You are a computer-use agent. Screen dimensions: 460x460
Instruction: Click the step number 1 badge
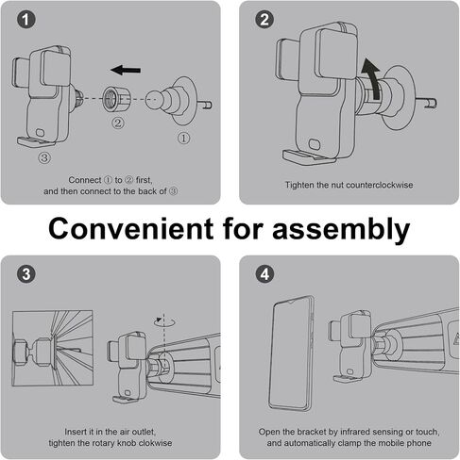(26, 20)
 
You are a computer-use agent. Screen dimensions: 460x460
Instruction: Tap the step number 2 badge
(264, 20)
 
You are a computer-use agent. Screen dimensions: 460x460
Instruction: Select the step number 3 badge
(26, 274)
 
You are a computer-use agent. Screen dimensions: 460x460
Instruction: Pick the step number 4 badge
(264, 274)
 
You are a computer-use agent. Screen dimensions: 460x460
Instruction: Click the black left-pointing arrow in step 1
(126, 70)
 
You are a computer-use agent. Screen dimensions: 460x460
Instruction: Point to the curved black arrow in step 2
(372, 77)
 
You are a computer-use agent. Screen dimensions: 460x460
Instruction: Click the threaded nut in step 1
(115, 99)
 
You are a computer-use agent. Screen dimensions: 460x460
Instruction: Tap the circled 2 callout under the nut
(118, 123)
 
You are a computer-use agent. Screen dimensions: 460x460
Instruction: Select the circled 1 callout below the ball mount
(183, 138)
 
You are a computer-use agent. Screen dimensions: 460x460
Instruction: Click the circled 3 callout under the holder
(44, 157)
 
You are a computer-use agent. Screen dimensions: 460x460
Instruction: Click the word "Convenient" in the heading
(130, 229)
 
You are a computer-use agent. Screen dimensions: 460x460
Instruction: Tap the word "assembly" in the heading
(341, 229)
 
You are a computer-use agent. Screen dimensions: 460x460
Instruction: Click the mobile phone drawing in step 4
(291, 353)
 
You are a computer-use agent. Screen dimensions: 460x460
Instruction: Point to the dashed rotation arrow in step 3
(164, 321)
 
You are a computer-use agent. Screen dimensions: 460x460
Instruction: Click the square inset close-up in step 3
(52, 348)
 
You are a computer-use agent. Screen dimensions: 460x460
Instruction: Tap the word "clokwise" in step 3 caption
(155, 443)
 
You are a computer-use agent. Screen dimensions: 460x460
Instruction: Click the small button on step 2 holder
(315, 145)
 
